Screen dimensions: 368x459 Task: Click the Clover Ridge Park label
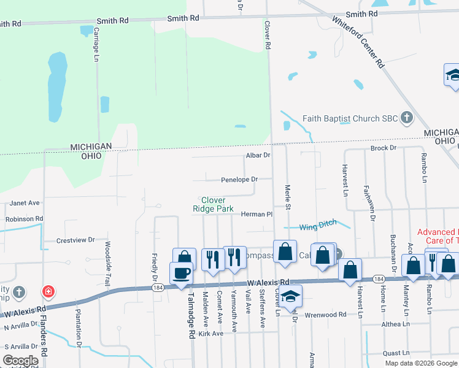click(213, 204)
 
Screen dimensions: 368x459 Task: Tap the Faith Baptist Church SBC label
click(350, 117)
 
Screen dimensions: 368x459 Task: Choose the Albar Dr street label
click(258, 156)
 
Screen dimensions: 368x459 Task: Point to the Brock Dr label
click(383, 149)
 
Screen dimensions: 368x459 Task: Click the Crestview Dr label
click(75, 240)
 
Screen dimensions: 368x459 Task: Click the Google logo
click(20, 361)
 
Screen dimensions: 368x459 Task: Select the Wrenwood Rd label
click(326, 315)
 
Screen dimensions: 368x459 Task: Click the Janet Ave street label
click(25, 203)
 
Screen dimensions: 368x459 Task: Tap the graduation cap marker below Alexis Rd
click(291, 295)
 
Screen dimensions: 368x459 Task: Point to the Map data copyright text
click(420, 363)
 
